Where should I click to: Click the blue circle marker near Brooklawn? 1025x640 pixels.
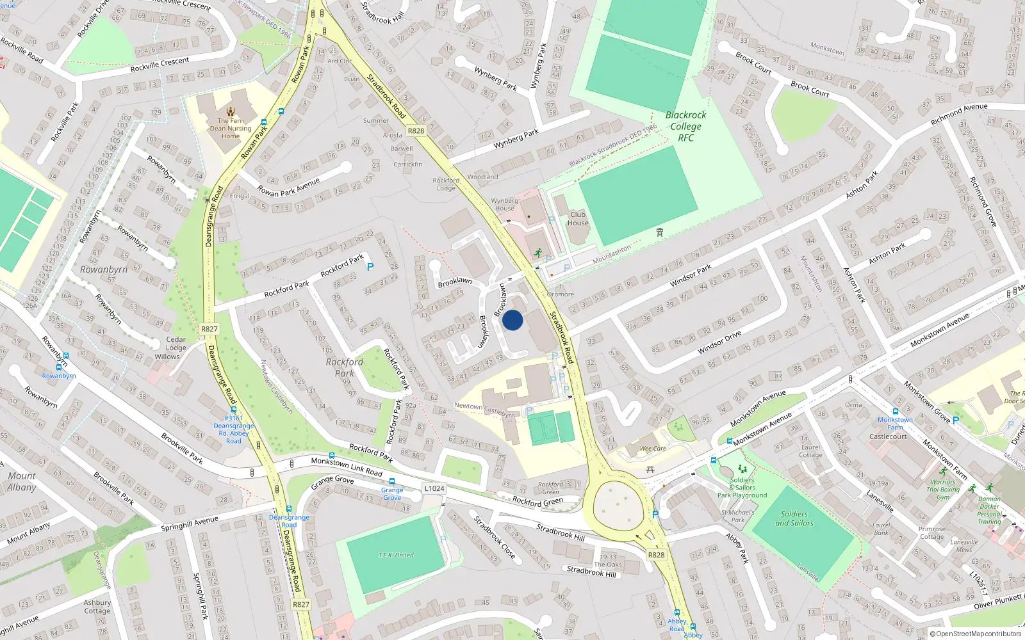click(512, 320)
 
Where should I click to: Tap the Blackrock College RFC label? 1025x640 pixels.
click(685, 126)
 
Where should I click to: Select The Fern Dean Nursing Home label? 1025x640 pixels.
click(231, 128)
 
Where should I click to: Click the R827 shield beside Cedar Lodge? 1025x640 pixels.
click(209, 329)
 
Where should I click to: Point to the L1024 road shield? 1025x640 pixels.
click(434, 488)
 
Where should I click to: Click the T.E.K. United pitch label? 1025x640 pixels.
click(396, 555)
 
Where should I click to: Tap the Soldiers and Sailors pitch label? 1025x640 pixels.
click(794, 518)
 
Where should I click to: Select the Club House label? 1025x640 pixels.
click(577, 219)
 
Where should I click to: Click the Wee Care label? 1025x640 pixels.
click(653, 449)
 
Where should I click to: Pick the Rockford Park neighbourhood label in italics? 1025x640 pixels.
click(345, 367)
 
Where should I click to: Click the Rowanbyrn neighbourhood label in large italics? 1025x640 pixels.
click(104, 269)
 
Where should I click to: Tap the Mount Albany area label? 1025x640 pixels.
click(22, 481)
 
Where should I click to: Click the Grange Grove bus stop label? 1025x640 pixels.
click(392, 493)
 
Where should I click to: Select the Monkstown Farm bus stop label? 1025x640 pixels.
click(895, 424)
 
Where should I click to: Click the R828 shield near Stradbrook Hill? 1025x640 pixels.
click(656, 555)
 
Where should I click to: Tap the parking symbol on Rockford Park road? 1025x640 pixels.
click(370, 267)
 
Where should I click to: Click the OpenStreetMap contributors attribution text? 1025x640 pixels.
click(975, 634)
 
